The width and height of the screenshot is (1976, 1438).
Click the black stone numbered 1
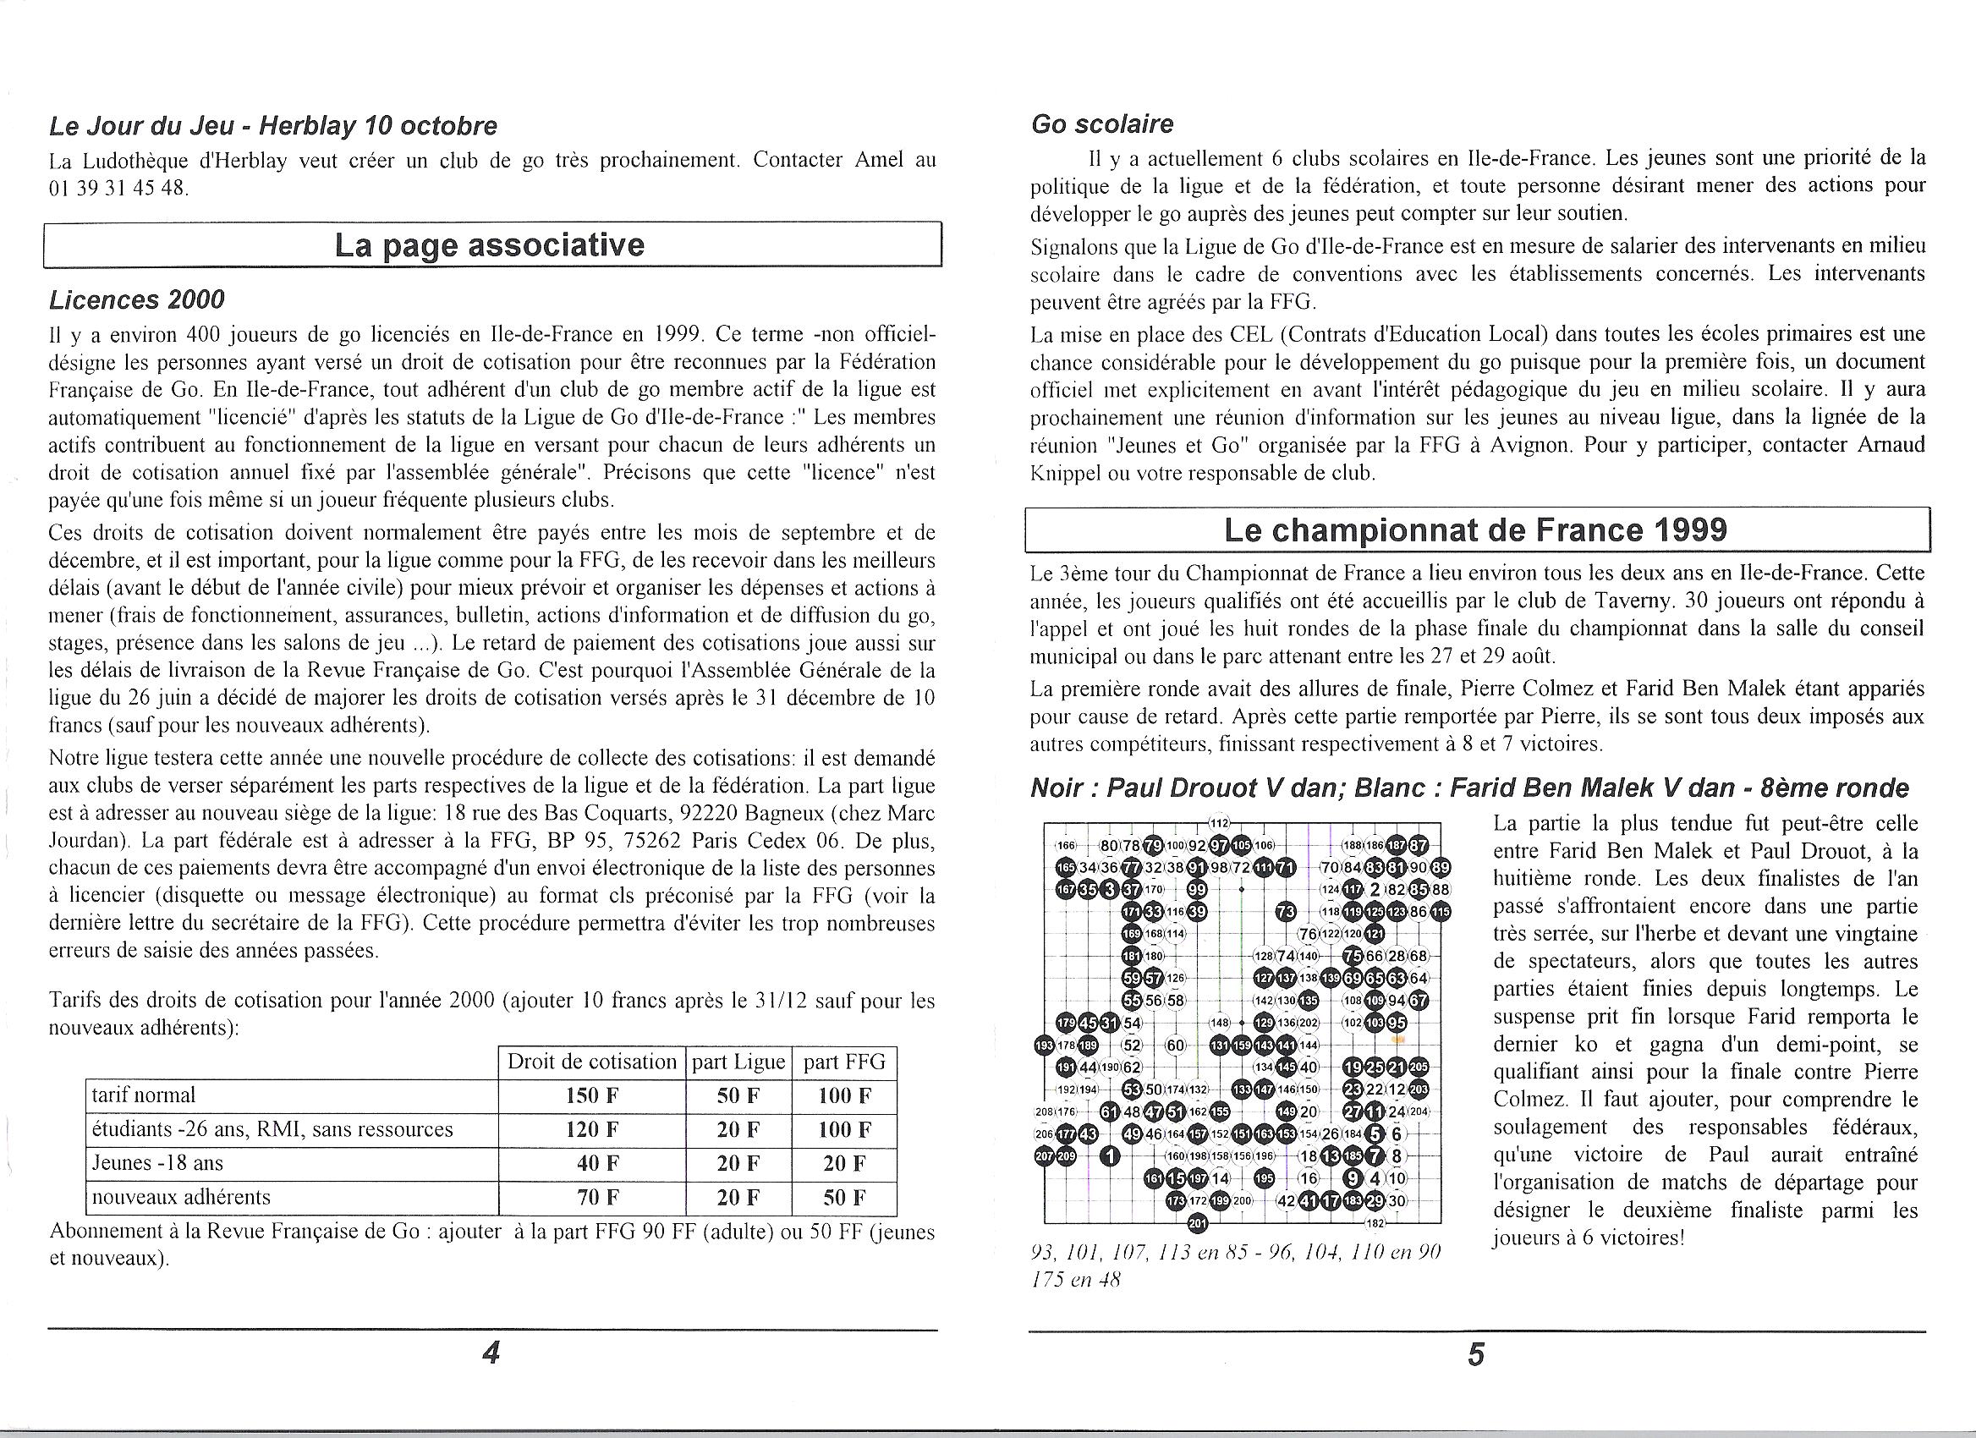1110,1155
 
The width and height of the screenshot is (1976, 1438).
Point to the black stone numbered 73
1285,912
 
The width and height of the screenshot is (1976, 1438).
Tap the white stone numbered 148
1219,1023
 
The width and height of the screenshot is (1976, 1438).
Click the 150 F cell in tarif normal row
591,1095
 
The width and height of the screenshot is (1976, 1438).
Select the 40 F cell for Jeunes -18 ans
591,1164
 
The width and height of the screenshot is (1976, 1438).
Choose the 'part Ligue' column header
738,1062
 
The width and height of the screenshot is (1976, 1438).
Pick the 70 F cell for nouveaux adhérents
591,1197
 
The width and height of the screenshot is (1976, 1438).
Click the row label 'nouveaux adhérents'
181,1197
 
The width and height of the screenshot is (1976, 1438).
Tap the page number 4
491,1352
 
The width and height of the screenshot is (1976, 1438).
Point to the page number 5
1476,1354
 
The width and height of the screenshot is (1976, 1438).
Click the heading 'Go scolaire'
1101,124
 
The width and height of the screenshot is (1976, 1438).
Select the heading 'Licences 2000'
136,299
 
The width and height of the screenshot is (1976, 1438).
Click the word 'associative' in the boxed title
556,244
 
